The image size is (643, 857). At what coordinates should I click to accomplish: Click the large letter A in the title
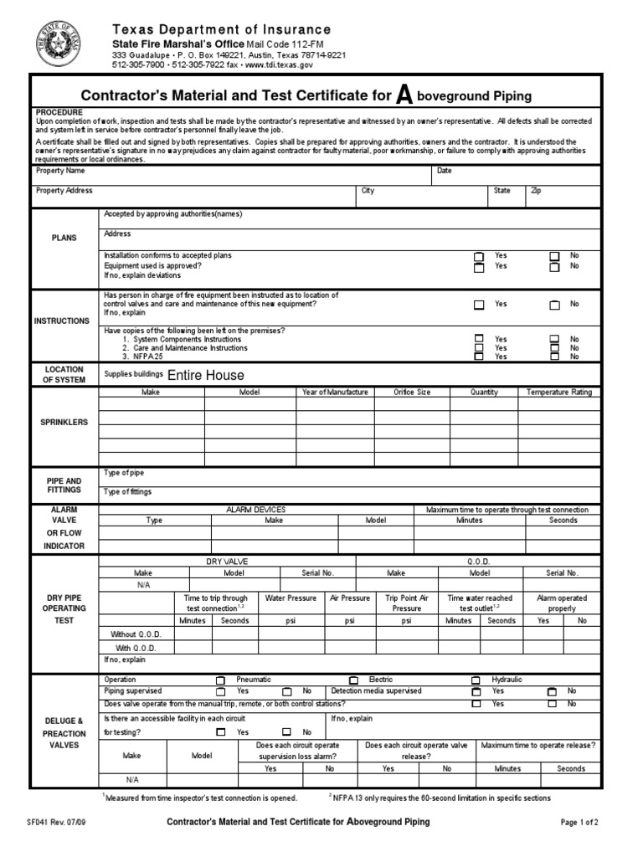pyautogui.click(x=404, y=95)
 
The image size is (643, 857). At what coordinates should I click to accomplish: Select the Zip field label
pyautogui.click(x=536, y=191)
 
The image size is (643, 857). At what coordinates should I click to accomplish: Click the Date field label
pyautogui.click(x=444, y=171)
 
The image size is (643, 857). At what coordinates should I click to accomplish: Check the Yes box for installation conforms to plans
pyautogui.click(x=478, y=256)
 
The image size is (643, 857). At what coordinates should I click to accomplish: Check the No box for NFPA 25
pyautogui.click(x=554, y=357)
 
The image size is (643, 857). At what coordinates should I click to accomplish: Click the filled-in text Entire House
pyautogui.click(x=205, y=376)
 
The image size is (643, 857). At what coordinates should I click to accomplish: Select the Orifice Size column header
pyautogui.click(x=412, y=392)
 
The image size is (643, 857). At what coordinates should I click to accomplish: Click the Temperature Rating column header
pyautogui.click(x=558, y=392)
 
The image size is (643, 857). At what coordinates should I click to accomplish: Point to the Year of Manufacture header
pyautogui.click(x=335, y=392)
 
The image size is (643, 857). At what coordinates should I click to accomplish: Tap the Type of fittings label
pyautogui.click(x=128, y=492)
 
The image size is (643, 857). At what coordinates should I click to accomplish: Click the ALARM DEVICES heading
pyautogui.click(x=255, y=509)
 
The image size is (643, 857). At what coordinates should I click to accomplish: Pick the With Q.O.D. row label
pyautogui.click(x=136, y=648)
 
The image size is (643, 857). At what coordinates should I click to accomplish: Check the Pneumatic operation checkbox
pyautogui.click(x=220, y=680)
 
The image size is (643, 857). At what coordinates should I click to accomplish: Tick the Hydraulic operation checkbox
pyautogui.click(x=476, y=680)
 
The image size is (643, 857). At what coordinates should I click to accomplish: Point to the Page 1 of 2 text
pyautogui.click(x=579, y=823)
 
